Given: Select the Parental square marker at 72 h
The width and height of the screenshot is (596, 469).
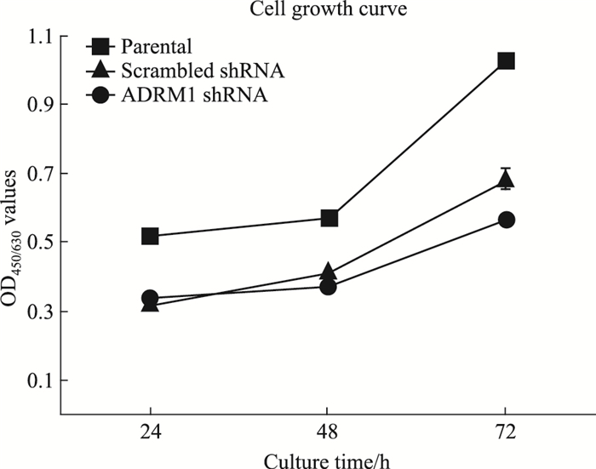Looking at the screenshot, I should coord(506,60).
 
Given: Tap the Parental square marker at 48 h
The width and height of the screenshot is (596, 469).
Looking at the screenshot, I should coord(329,219).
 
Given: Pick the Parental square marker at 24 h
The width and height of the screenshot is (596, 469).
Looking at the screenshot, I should coord(150,236).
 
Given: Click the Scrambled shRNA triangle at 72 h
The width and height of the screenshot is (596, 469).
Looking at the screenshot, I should coord(506,180).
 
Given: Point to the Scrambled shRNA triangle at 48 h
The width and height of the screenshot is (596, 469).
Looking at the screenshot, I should coord(329,272).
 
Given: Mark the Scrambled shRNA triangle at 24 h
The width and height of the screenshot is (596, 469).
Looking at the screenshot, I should coord(150,303).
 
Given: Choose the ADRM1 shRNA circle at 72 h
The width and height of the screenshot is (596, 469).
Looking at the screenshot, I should coord(506,220).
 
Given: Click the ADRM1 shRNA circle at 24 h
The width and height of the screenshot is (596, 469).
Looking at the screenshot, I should coord(150,298).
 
